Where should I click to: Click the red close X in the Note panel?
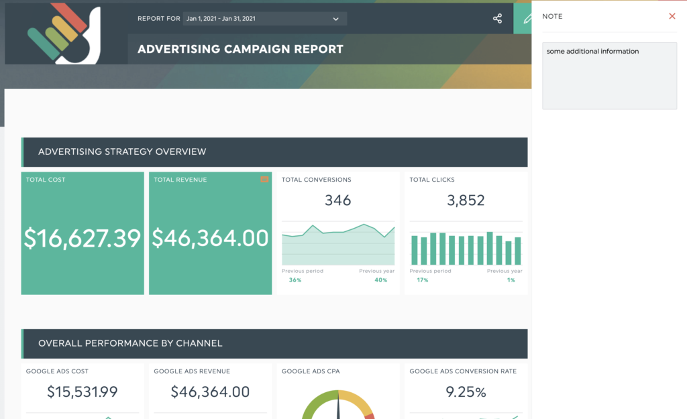(672, 16)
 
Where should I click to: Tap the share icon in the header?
(497, 19)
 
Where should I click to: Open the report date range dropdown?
(264, 19)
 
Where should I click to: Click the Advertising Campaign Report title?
(240, 49)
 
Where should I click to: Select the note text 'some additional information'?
(592, 51)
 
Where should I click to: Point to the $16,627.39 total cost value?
(83, 239)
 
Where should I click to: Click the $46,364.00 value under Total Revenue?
(210, 239)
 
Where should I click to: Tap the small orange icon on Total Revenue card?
(264, 180)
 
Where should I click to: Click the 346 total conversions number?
(337, 200)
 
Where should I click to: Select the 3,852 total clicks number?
(466, 200)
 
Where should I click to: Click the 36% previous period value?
(295, 280)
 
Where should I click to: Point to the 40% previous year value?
(380, 280)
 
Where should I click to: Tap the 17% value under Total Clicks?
(423, 280)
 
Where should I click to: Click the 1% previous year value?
(511, 280)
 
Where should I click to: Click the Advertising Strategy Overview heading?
(122, 152)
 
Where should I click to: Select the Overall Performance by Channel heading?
(130, 343)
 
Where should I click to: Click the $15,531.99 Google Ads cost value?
(83, 392)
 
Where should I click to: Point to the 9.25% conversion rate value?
(466, 392)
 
